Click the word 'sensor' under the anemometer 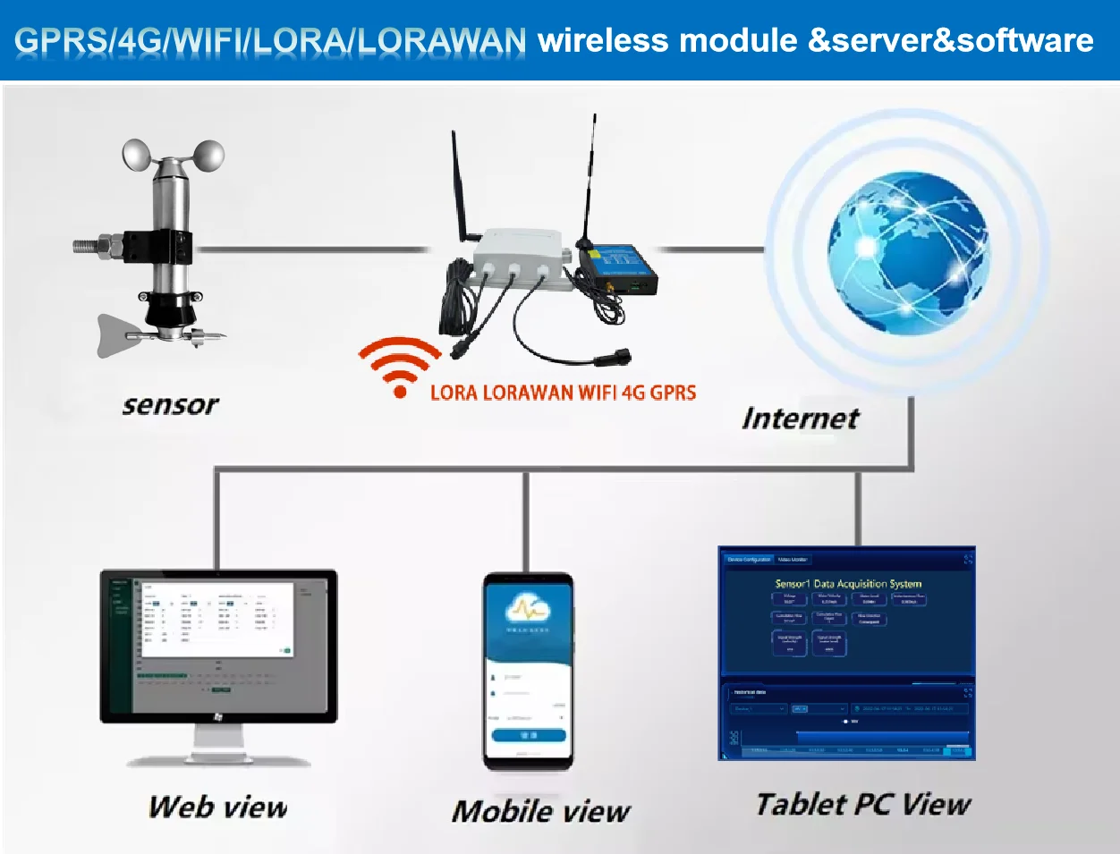pos(170,405)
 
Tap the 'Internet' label pos(800,418)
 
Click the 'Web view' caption pos(217,807)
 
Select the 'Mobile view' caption pos(540,811)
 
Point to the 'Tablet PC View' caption pos(862,804)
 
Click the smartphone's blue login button pos(528,735)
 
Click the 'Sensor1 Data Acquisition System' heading pos(847,583)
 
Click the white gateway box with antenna pos(519,259)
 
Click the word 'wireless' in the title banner pos(603,40)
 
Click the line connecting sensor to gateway pos(313,249)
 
